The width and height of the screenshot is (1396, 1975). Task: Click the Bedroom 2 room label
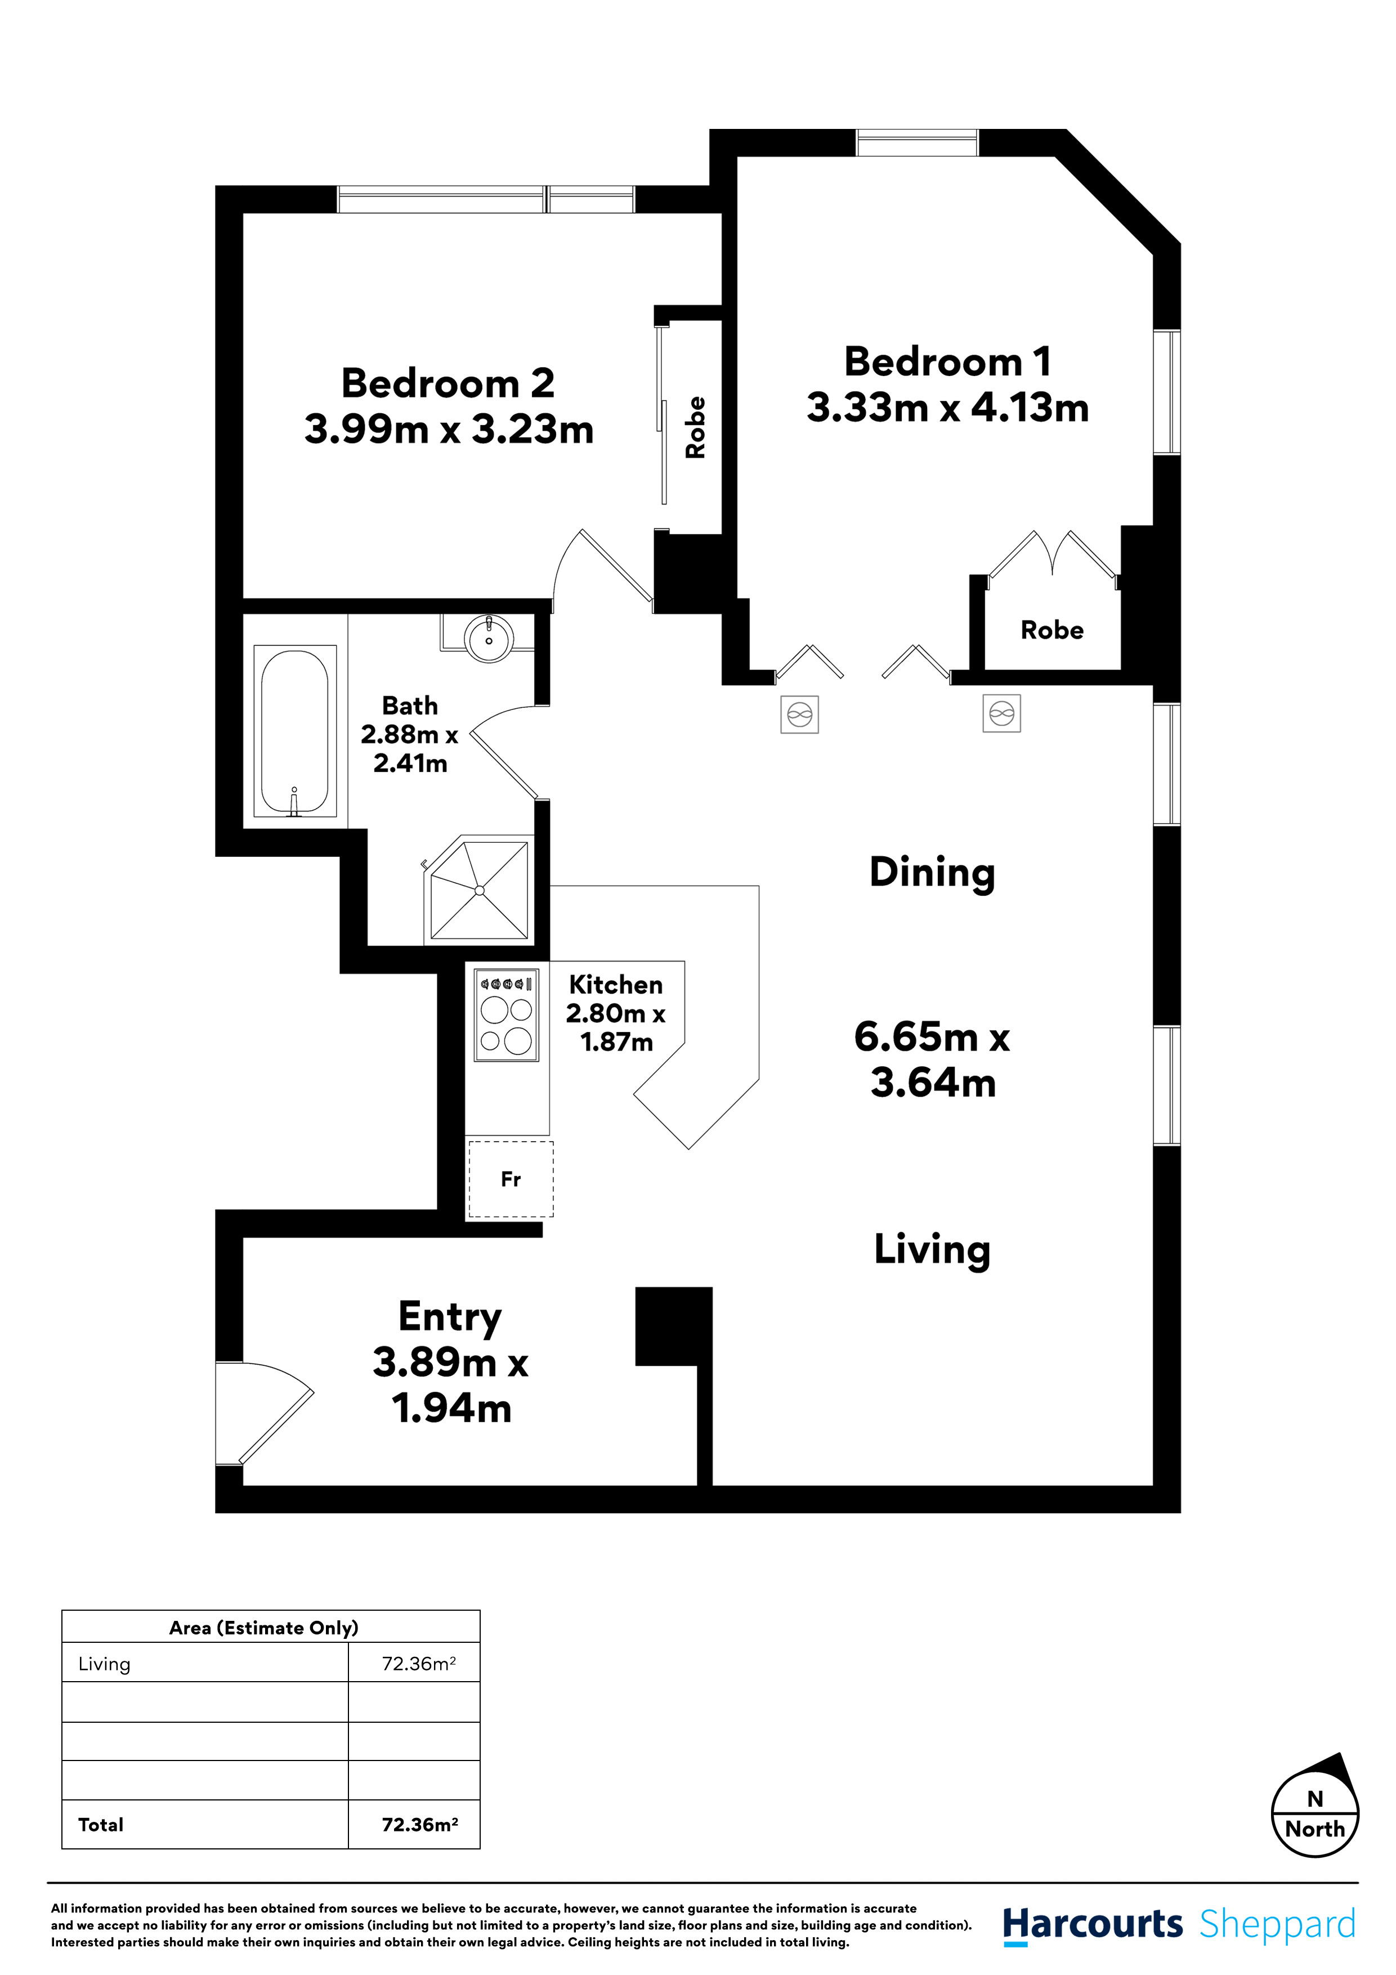[448, 383]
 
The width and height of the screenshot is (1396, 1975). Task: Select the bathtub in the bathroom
[294, 731]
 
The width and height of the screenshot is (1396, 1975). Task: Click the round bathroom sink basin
[489, 639]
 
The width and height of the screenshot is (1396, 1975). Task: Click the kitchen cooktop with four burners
[507, 1015]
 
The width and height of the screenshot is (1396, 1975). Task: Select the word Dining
[932, 872]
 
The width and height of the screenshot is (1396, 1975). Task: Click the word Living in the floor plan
[932, 1249]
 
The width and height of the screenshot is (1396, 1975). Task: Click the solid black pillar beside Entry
[673, 1325]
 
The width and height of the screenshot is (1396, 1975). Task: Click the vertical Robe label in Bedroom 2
[695, 427]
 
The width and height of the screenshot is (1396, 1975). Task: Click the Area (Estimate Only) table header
[263, 1628]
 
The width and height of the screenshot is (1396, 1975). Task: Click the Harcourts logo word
[1093, 1924]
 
